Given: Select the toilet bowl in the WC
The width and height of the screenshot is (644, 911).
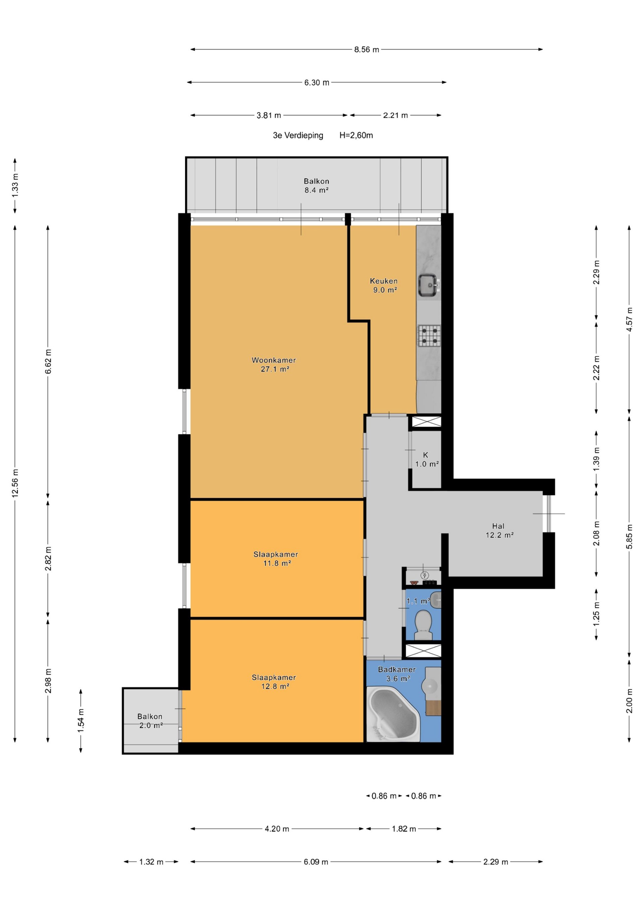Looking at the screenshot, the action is tap(423, 625).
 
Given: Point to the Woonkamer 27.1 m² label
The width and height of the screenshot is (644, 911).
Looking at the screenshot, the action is tap(274, 365).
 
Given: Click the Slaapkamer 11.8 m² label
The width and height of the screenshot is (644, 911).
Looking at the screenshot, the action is tap(276, 559).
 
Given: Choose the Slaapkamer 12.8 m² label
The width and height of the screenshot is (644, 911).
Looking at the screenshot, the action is tap(274, 682).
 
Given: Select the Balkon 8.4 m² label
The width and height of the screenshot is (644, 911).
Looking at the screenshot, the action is tap(317, 185).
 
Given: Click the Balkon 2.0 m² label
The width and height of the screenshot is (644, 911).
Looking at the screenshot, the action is tap(150, 721).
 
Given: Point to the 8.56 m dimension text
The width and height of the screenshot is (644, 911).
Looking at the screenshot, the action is tap(367, 50).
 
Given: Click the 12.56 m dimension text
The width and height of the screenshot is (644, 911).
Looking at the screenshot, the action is tap(15, 483).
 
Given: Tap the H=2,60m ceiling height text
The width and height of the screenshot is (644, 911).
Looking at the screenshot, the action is tap(356, 135).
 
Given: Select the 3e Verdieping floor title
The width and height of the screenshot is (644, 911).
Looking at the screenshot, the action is tap(298, 135).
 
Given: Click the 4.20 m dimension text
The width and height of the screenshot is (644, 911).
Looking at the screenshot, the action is tap(277, 829).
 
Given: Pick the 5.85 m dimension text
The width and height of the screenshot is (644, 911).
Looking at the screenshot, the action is tap(629, 535).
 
